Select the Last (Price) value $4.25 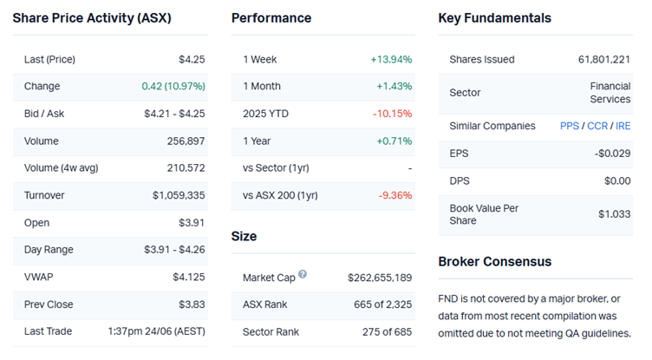(x=191, y=60)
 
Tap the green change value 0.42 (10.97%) (x=173, y=87)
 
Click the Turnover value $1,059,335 (x=179, y=196)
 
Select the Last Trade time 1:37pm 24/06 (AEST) (x=156, y=331)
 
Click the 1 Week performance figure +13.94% (x=391, y=60)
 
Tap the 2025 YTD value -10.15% (x=392, y=114)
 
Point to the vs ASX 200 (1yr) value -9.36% (x=395, y=195)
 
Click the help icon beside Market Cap (x=303, y=275)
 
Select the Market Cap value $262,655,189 (x=380, y=278)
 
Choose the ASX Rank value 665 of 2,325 (x=385, y=304)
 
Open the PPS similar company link (x=570, y=126)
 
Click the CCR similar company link (x=597, y=126)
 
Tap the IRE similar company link (x=623, y=126)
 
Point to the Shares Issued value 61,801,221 (x=604, y=60)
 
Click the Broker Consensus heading (x=494, y=262)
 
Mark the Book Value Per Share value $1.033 (x=615, y=214)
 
